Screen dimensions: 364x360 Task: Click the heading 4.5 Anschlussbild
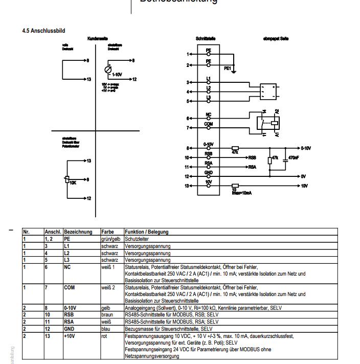coord(43,31)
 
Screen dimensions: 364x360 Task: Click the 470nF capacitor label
coord(295,157)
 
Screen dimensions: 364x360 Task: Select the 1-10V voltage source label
coord(118,74)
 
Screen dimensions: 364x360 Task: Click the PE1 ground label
coord(228,67)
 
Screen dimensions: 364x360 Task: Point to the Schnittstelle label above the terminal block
coord(207,39)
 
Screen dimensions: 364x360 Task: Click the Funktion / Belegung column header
coord(147,232)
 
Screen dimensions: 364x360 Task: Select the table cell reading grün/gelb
coord(111,239)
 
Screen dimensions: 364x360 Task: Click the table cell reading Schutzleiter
coord(136,239)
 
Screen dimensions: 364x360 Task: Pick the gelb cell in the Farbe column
coord(106,308)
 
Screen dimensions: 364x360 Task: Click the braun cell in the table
coord(107,315)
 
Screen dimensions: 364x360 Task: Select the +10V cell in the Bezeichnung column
coord(70,336)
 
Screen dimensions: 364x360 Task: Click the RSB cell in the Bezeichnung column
coord(69,315)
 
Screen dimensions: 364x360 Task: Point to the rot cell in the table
coord(104,336)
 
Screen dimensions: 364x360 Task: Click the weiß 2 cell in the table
coord(108,287)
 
